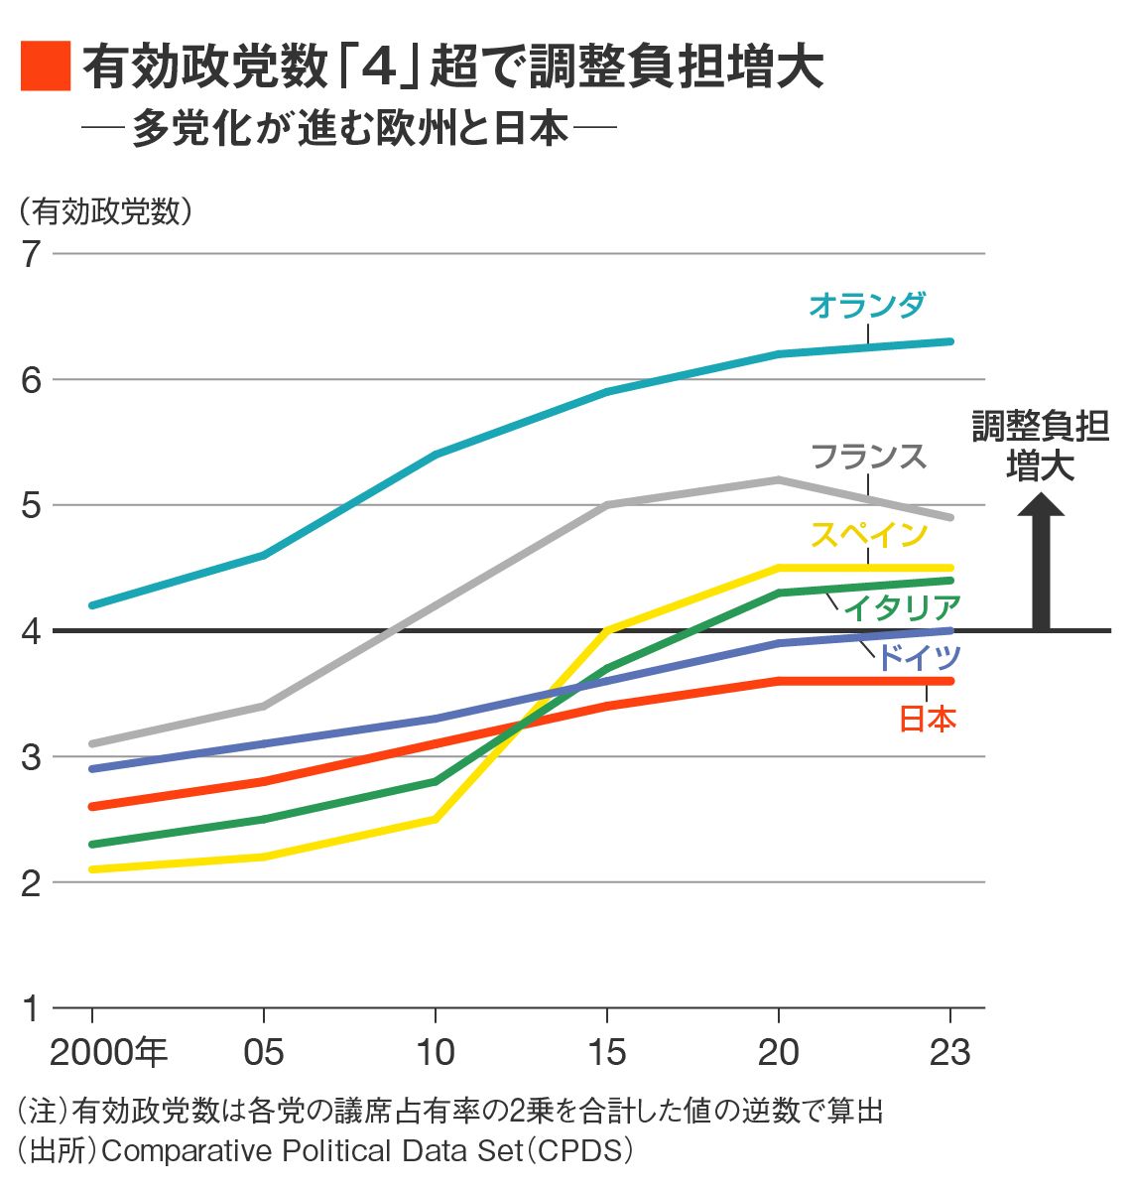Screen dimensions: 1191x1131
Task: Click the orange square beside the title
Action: point(45,66)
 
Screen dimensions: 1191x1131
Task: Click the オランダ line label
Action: point(866,305)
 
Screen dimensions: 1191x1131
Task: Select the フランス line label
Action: point(868,457)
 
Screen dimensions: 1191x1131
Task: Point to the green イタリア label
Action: point(902,606)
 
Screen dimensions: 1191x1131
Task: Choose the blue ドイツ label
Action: point(920,657)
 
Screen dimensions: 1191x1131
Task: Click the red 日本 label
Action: point(927,719)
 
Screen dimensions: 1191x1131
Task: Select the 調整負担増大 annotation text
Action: point(1040,446)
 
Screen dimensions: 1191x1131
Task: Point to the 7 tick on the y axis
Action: point(31,254)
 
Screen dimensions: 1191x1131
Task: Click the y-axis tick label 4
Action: point(31,631)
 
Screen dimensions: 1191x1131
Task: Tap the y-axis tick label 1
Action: point(31,1008)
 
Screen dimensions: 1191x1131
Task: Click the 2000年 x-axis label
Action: point(108,1052)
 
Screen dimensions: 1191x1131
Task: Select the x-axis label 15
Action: point(606,1052)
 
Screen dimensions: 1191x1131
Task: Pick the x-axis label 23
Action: point(949,1052)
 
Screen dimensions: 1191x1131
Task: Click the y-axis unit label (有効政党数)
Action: point(103,211)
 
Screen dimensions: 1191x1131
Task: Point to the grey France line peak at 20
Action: point(779,480)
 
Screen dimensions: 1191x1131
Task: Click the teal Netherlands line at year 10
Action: point(436,455)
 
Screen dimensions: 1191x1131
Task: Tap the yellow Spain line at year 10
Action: point(436,819)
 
